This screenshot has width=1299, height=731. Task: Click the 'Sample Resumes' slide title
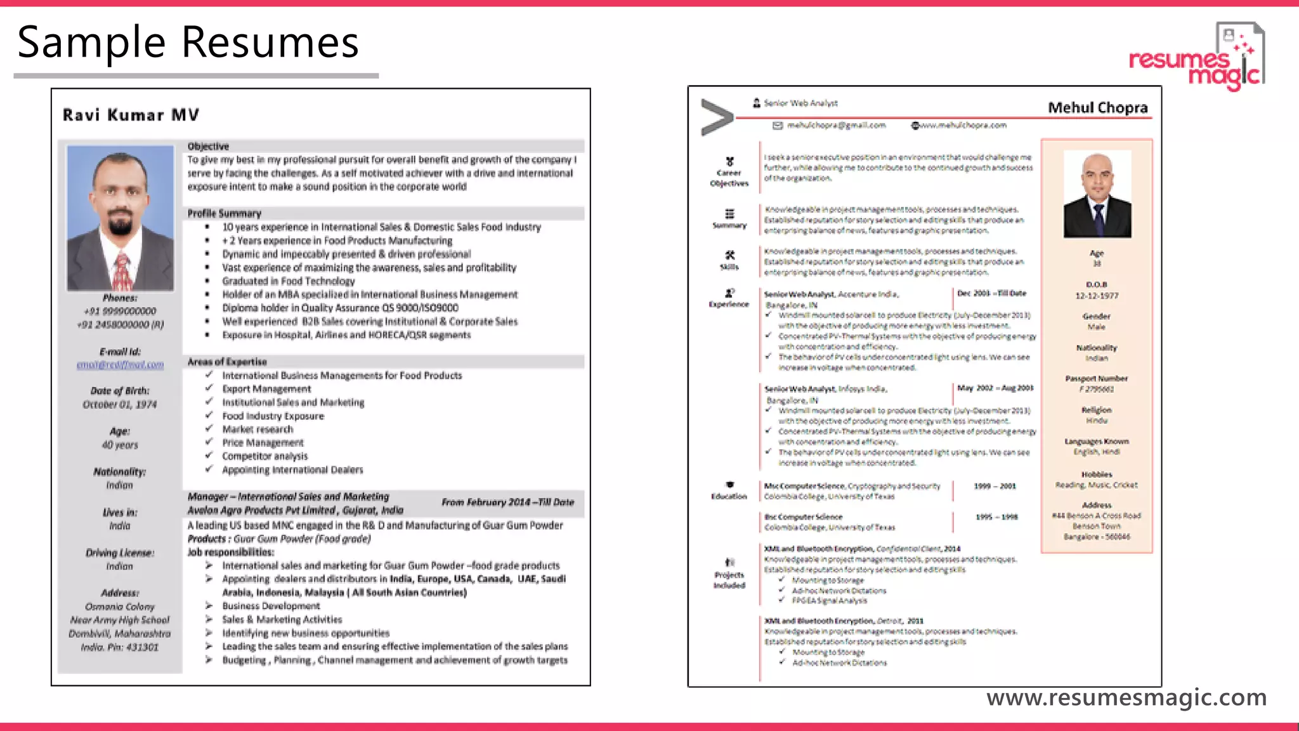[188, 43]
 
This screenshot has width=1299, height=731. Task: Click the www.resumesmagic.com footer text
[1126, 697]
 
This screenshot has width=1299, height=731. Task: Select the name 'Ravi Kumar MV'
[131, 115]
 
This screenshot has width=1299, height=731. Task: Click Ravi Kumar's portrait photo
[121, 218]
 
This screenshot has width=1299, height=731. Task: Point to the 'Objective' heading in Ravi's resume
[208, 146]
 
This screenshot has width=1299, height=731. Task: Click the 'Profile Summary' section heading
[224, 213]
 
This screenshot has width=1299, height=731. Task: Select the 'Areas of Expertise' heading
[227, 362]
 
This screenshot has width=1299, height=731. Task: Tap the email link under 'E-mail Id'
[120, 365]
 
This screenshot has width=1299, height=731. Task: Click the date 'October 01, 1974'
[120, 404]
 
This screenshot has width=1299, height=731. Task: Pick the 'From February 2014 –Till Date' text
[507, 502]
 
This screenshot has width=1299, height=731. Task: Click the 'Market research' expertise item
[258, 430]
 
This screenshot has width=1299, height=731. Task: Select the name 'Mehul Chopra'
[1097, 107]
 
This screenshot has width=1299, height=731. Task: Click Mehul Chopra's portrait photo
[1097, 194]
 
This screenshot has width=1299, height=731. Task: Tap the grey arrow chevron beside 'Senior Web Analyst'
[717, 117]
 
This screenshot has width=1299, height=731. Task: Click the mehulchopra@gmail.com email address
[836, 126]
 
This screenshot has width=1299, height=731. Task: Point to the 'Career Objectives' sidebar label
[729, 178]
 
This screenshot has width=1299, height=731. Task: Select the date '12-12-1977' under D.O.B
[1097, 296]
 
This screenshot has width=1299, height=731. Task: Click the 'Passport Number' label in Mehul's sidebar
[1096, 378]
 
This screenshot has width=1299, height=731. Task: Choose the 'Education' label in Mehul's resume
[729, 496]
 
